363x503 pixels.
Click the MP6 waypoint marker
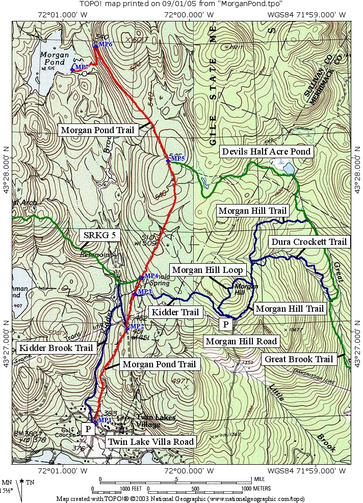tap(95, 46)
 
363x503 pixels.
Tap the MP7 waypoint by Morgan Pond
tap(72, 69)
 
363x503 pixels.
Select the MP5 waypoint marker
tap(168, 161)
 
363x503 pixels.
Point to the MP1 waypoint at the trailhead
tap(95, 422)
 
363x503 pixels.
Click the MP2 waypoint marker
tap(127, 328)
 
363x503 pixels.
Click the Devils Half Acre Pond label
tap(265, 152)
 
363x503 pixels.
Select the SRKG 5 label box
tap(95, 235)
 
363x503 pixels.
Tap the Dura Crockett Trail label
tap(308, 241)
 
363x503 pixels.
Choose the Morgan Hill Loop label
tap(209, 269)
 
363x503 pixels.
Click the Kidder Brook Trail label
tap(56, 348)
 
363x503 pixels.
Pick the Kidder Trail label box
tap(175, 311)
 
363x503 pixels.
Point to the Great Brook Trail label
tap(299, 359)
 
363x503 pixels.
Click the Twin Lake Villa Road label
tap(150, 442)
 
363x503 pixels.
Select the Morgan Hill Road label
tap(241, 341)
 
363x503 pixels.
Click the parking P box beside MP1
tap(88, 429)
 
